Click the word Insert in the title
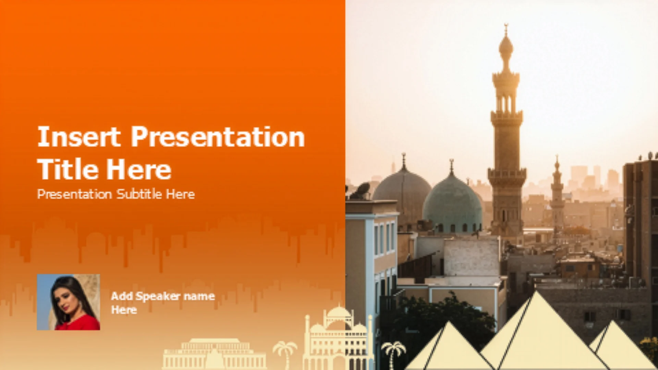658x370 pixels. click(79, 137)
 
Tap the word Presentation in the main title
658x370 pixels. click(218, 137)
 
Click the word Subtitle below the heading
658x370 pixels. click(139, 194)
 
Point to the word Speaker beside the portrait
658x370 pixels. click(158, 296)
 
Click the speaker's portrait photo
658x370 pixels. click(69, 302)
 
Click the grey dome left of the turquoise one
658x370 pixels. click(402, 192)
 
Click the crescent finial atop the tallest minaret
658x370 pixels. click(506, 26)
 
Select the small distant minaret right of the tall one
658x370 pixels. click(557, 195)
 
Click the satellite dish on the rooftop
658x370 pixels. click(362, 190)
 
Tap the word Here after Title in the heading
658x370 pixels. click(138, 169)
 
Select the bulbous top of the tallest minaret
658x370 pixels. click(506, 46)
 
